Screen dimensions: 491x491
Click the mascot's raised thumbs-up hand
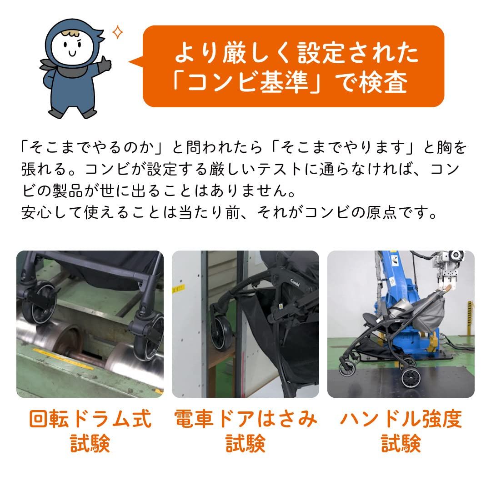coord(105,63)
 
